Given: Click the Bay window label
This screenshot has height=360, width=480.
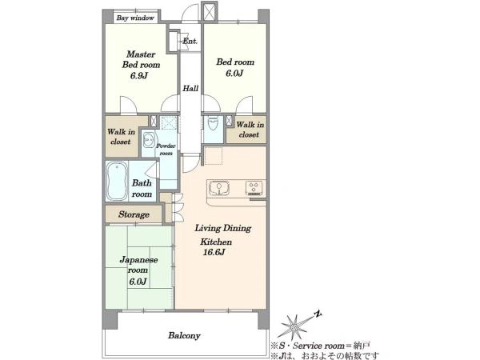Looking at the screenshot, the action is tap(135, 18).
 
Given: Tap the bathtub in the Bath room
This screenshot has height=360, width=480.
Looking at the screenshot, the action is tap(117, 181).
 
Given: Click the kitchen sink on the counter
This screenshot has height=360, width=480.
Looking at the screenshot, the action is tap(218, 187).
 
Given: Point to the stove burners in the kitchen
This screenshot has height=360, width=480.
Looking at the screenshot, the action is tap(254, 188).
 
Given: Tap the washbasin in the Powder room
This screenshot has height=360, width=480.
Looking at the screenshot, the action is tap(149, 141).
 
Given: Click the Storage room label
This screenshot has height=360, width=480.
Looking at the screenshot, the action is tap(134, 214).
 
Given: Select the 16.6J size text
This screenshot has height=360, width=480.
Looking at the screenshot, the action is tap(214, 252).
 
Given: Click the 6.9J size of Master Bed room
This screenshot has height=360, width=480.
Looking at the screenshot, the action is tap(139, 75).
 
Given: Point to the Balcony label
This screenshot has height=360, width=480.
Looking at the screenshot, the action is tap(184, 335).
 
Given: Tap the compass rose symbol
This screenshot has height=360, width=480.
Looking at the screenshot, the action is tap(294, 327).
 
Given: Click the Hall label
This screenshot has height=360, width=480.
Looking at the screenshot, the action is tap(190, 89).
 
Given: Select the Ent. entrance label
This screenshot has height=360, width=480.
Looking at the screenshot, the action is tap(190, 41).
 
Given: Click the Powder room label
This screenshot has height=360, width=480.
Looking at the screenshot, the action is tap(166, 150).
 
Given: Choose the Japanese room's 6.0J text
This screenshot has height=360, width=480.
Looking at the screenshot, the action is tap(138, 282).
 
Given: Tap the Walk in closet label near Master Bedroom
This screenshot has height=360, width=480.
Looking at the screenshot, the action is tap(121, 137).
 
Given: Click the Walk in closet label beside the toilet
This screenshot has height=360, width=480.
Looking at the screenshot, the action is tap(250, 130).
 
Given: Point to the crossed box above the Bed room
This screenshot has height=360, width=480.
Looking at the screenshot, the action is tap(210, 12).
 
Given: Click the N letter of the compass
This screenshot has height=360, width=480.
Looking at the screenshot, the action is tap(318, 314).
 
